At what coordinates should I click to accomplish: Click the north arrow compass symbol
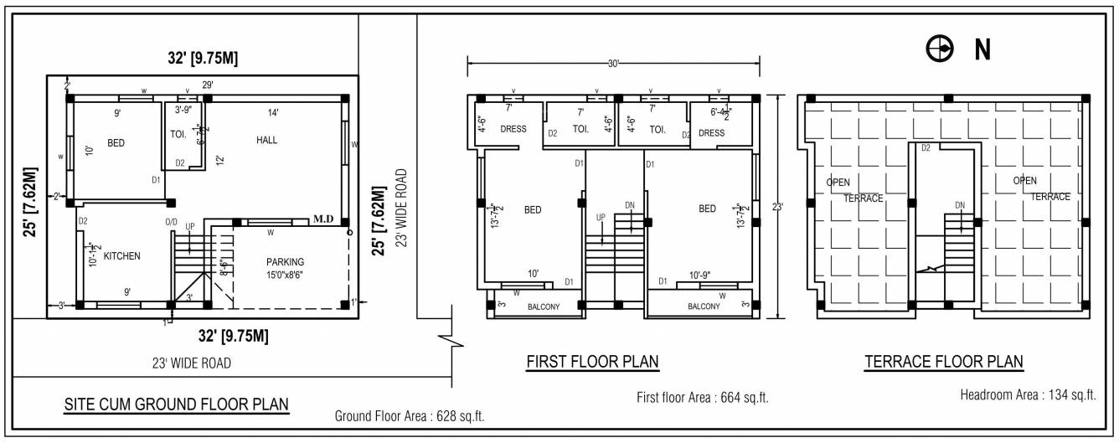pos(939,50)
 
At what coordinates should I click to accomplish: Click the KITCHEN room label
pos(122,255)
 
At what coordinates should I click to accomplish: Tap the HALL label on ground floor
pos(266,140)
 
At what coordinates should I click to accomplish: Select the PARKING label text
pos(285,261)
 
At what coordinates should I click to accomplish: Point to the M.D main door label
pos(323,219)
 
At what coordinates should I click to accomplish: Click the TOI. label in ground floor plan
pos(178,133)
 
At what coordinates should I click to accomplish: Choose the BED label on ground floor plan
pos(116,143)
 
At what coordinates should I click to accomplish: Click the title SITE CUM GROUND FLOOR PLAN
pos(177,404)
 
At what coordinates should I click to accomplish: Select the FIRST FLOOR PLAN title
pos(592,362)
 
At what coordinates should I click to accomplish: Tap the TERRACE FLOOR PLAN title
pos(944,362)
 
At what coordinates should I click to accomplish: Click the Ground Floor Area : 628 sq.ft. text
pos(410,415)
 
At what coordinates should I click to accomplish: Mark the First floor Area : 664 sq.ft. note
pos(702,398)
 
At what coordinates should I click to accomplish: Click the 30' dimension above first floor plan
pos(613,64)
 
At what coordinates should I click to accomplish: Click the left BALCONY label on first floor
pos(543,306)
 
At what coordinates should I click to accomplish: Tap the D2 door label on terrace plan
pos(926,148)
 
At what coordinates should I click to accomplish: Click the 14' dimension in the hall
pos(273,112)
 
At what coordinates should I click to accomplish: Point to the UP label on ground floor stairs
pos(190,227)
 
